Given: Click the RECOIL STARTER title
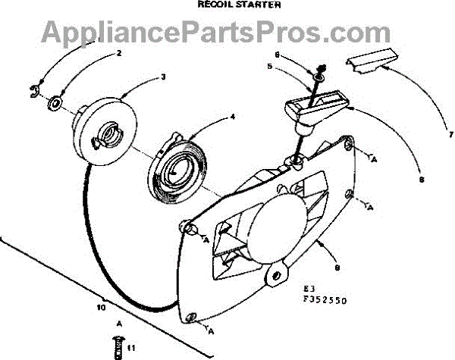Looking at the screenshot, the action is [x=228, y=5].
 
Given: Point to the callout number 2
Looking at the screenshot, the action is [x=119, y=53].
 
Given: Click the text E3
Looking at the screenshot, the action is [x=307, y=291].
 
